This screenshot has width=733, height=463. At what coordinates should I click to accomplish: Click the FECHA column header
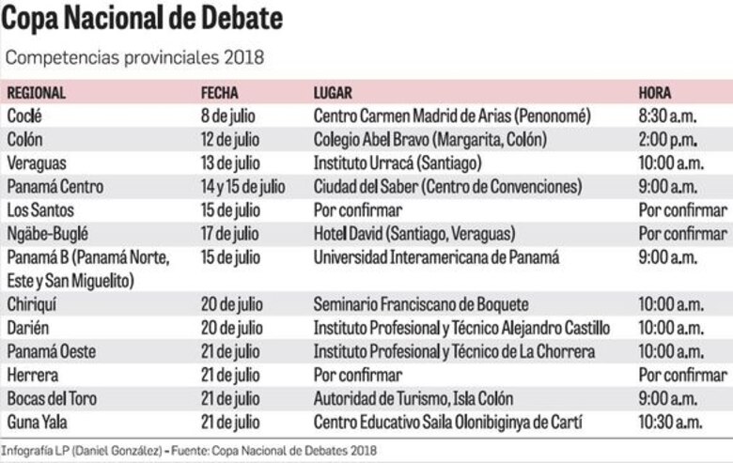(220, 93)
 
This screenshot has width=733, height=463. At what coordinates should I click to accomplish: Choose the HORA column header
(655, 93)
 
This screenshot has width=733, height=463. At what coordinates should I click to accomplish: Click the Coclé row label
(24, 116)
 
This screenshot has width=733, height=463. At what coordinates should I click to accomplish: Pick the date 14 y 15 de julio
(243, 186)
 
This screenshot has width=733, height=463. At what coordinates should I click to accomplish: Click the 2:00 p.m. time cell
(667, 140)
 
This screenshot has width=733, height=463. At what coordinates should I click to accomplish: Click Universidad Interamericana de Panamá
(436, 256)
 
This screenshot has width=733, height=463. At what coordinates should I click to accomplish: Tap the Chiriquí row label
(33, 304)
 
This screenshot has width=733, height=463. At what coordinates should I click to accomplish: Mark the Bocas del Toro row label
(48, 398)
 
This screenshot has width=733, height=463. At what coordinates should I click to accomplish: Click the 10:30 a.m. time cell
(670, 422)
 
